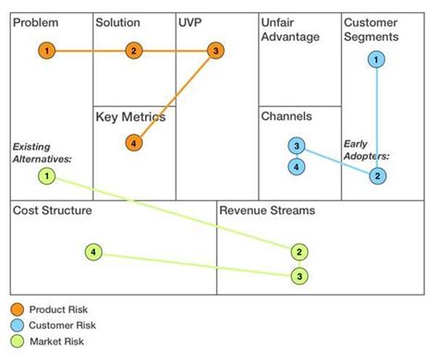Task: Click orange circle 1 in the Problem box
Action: point(47,50)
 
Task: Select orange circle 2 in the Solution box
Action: point(134,50)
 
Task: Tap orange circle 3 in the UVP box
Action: point(215,50)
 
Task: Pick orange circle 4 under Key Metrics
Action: point(135,142)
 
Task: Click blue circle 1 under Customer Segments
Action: point(377,60)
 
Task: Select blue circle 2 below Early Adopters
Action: point(377,175)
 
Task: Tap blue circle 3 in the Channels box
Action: point(296,146)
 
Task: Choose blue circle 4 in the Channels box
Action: point(296,167)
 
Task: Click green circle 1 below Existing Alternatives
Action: point(47,175)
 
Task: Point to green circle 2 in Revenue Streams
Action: point(299,251)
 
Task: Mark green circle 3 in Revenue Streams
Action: point(299,275)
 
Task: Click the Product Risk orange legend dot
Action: point(17,309)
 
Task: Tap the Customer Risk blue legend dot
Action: point(17,326)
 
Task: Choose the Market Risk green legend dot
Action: point(17,342)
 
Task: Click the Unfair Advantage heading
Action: point(290,30)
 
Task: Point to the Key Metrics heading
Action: point(131,117)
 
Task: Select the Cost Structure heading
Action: point(52,211)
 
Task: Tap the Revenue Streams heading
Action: point(267,211)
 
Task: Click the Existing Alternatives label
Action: point(42,152)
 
